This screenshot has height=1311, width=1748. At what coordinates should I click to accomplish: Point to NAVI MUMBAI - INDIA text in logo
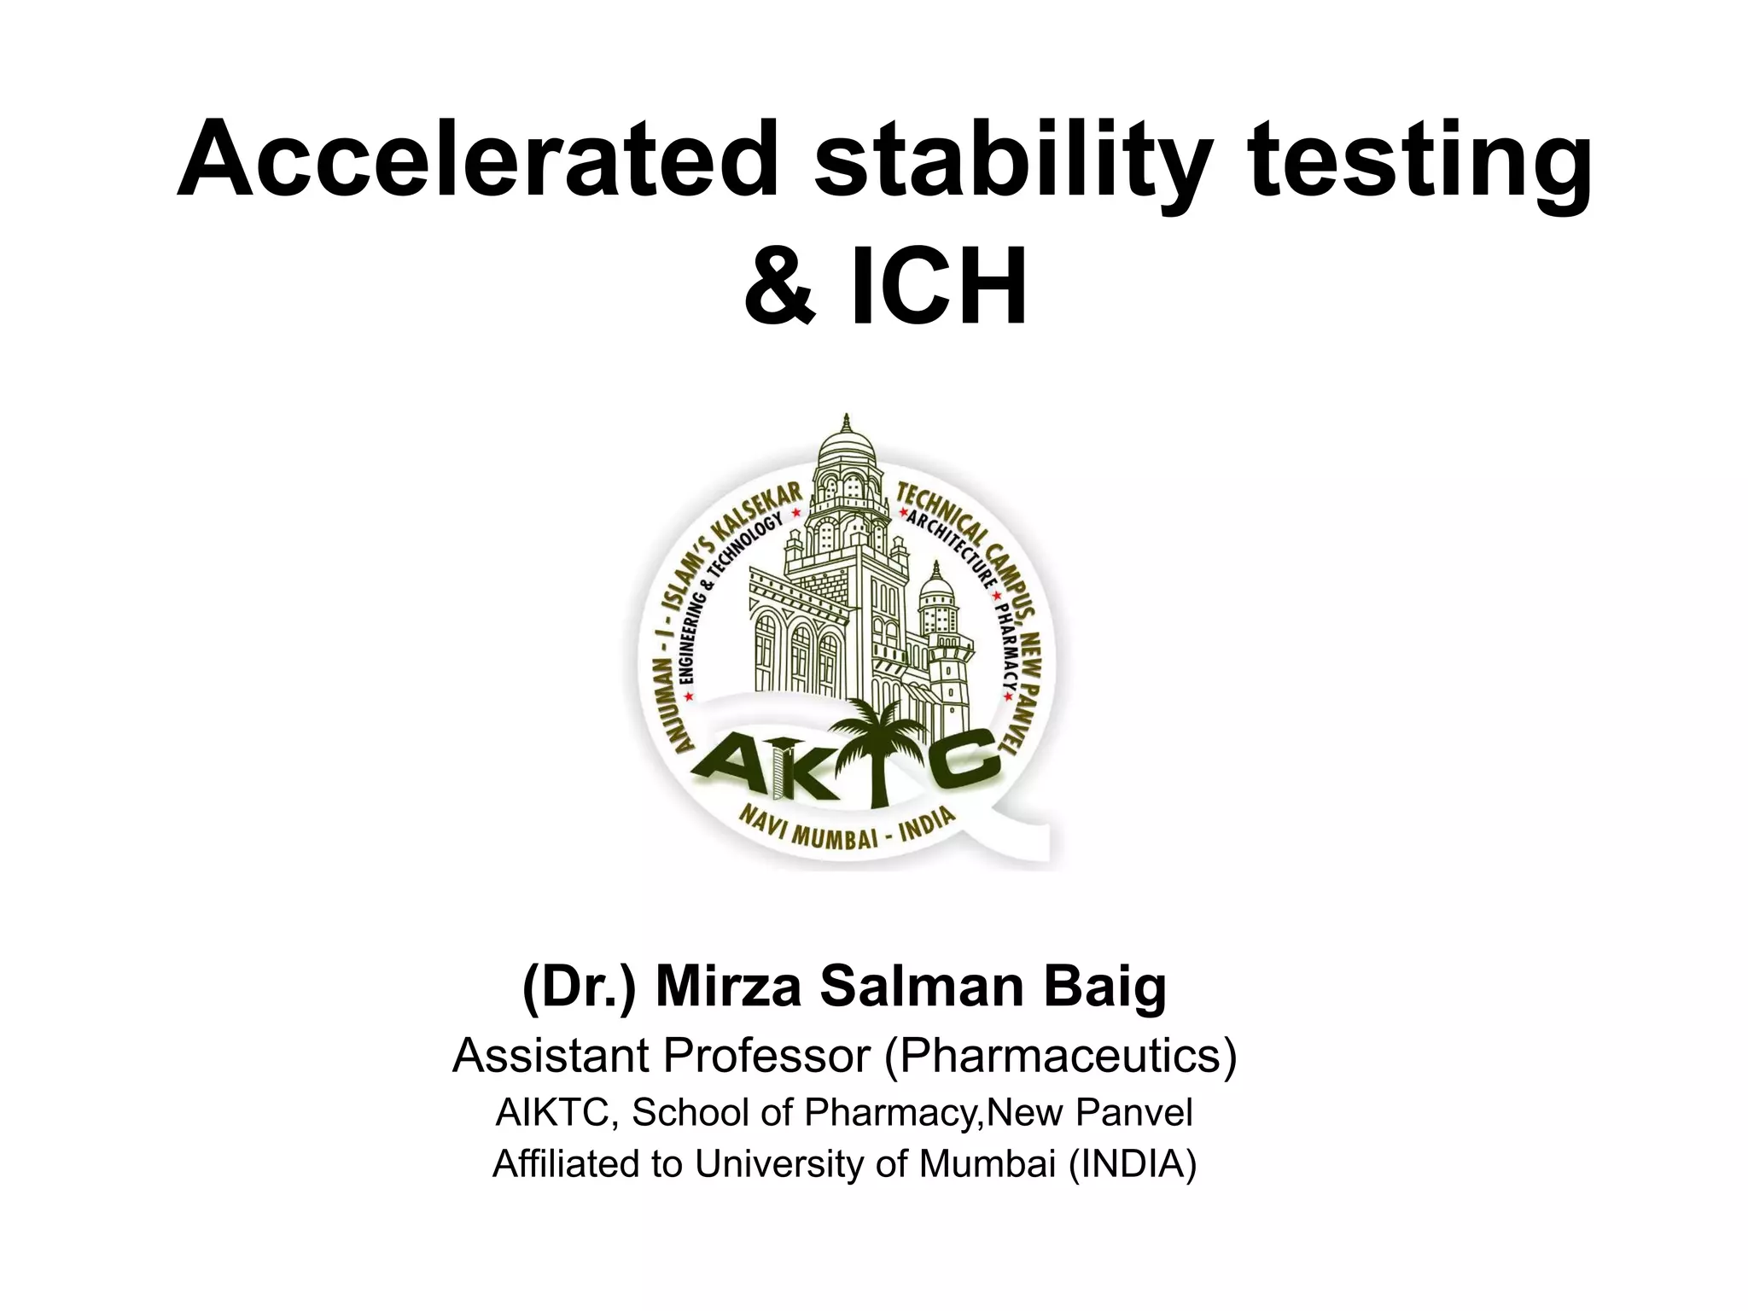[845, 827]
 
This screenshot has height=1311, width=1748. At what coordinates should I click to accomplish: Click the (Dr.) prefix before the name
[580, 987]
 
